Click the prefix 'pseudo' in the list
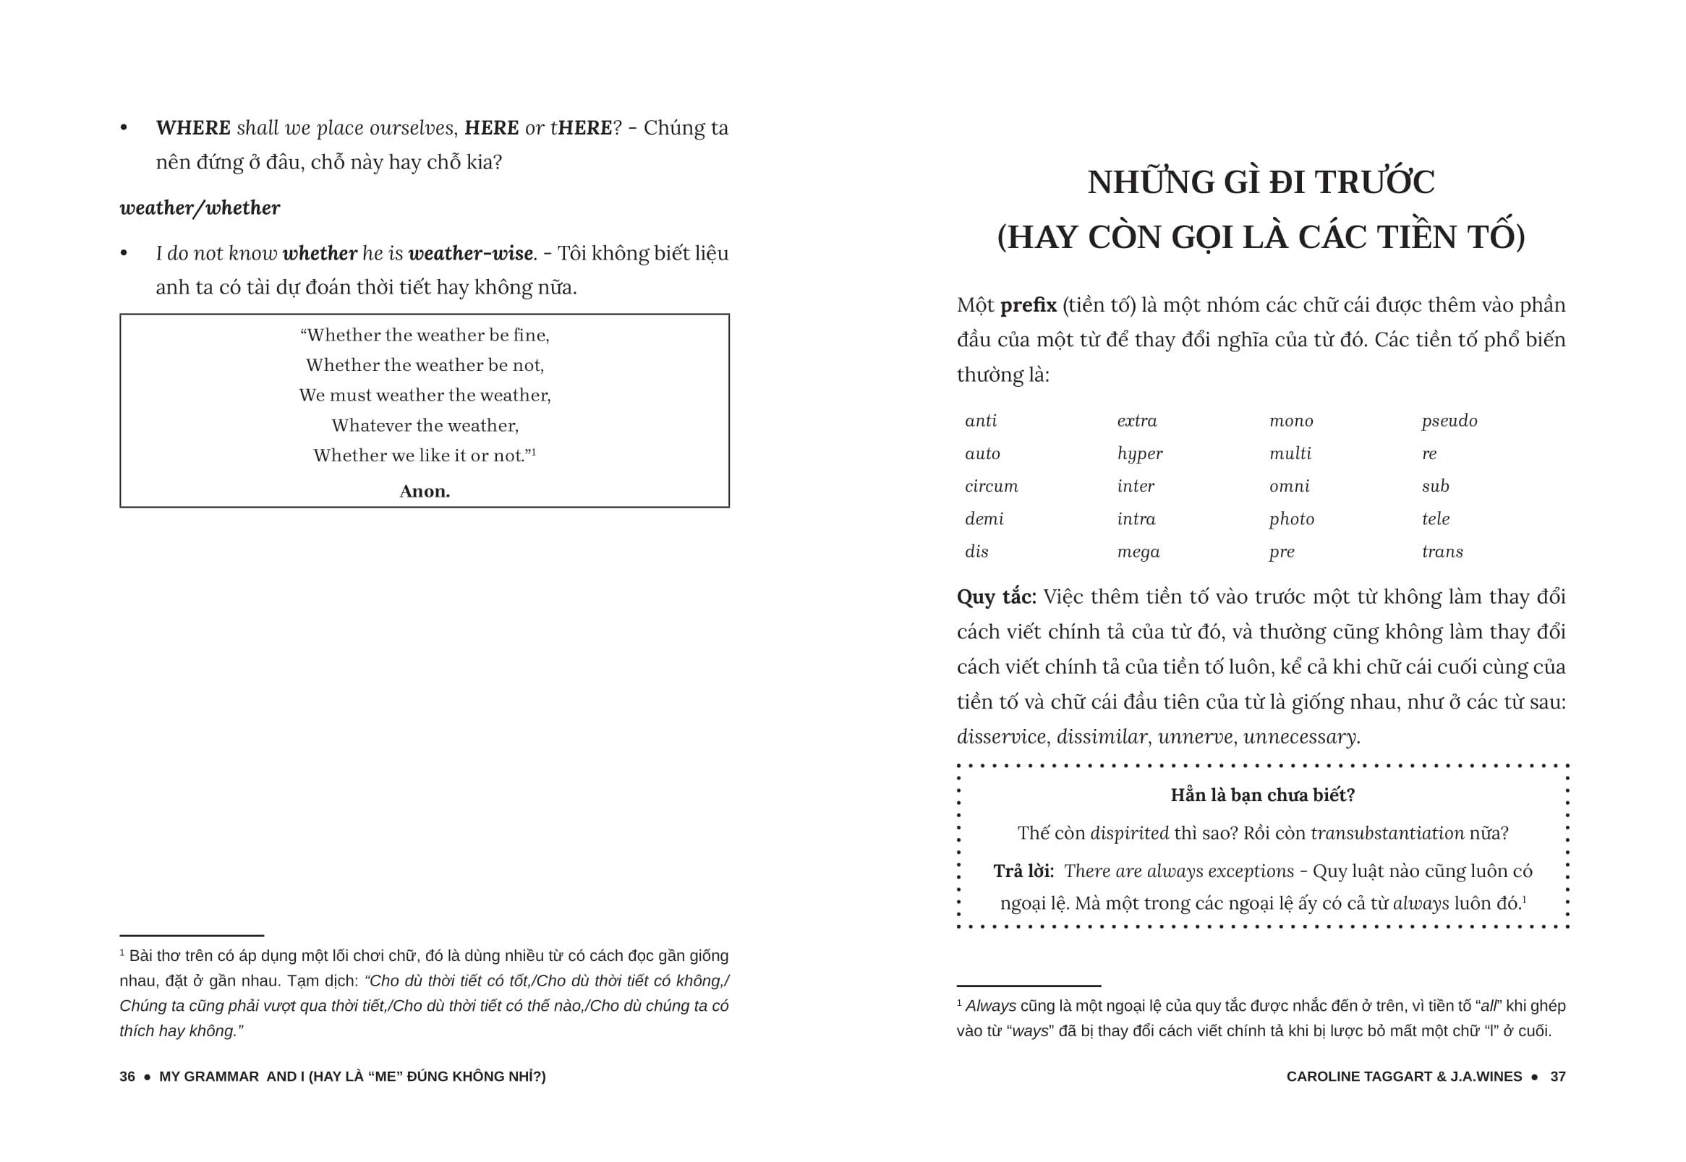[x=1449, y=422]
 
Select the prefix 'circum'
[x=990, y=487]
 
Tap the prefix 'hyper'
[x=1139, y=454]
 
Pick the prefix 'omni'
[x=1289, y=487]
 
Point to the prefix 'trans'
[x=1442, y=552]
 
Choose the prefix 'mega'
[x=1138, y=552]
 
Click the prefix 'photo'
[x=1291, y=519]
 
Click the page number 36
[x=127, y=1077]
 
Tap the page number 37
[x=1557, y=1077]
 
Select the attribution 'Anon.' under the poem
[x=425, y=492]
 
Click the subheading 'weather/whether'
[x=200, y=208]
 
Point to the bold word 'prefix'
[x=1028, y=305]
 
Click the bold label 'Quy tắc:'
[x=995, y=597]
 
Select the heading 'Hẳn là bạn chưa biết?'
[x=1262, y=795]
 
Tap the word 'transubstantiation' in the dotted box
[x=1387, y=833]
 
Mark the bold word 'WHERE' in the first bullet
[x=193, y=128]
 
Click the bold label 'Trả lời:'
[x=1023, y=871]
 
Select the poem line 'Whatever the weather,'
[x=425, y=425]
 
